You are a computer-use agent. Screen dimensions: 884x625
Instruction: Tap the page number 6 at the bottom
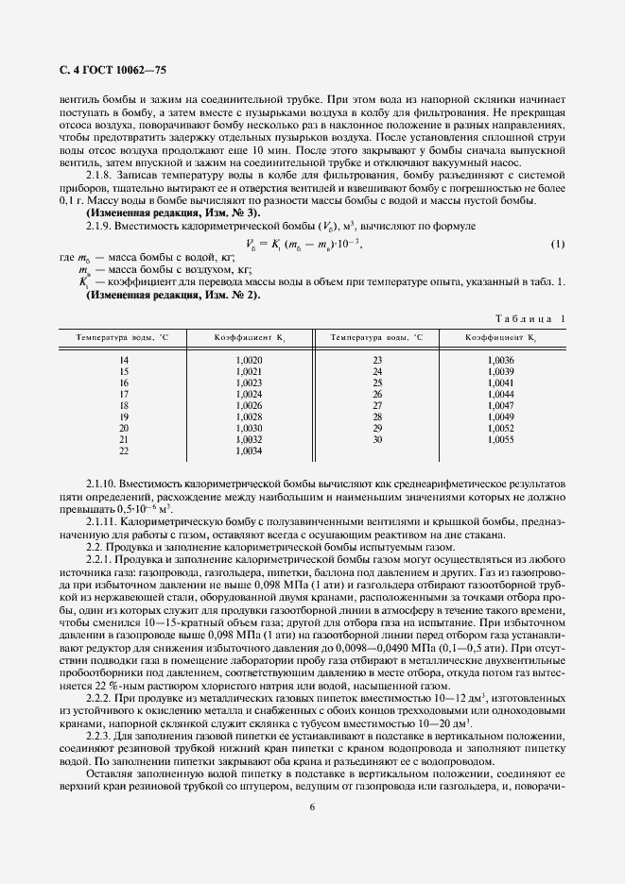312,807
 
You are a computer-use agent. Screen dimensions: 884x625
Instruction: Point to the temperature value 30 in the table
377,440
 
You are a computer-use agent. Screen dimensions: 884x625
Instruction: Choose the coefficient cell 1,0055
501,440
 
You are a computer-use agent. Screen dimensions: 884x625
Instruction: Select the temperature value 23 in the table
377,361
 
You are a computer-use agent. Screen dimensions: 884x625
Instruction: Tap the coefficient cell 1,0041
501,383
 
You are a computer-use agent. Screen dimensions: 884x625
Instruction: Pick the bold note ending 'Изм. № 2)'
172,295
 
